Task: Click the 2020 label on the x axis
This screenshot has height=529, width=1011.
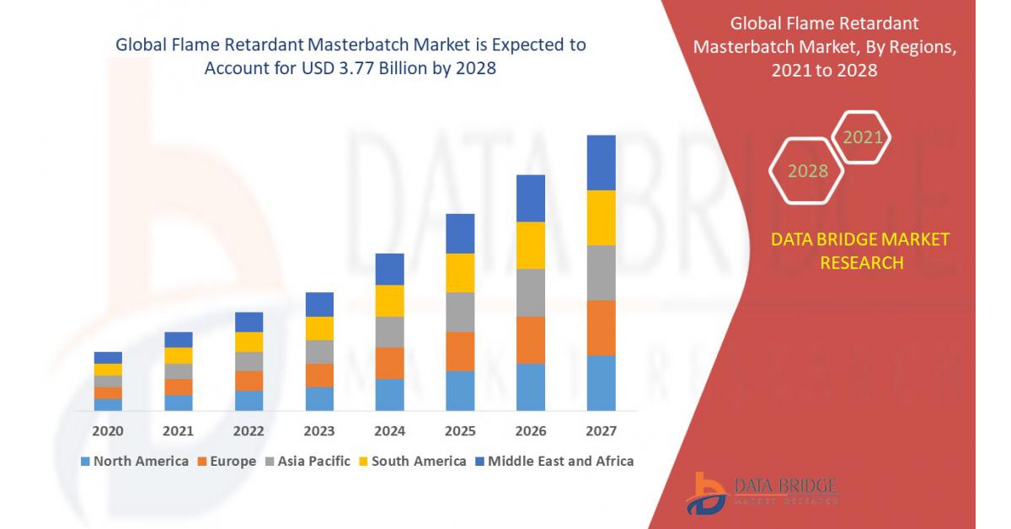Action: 108,431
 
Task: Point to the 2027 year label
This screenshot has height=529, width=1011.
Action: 601,431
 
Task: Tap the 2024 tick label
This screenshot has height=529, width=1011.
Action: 389,431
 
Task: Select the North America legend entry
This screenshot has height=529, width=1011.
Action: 134,461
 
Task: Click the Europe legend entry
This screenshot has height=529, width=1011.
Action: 227,461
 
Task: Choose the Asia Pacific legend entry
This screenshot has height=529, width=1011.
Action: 308,461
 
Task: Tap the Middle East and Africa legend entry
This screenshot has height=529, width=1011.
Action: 554,461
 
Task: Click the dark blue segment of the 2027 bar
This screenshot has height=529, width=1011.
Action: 601,163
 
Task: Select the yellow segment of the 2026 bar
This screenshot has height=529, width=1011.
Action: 530,245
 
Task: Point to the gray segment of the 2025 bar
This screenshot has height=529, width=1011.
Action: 460,312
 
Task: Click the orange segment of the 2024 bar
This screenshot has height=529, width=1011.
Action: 389,363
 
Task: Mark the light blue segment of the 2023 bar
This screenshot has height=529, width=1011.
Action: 319,398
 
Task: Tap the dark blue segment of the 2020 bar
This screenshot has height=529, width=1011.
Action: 108,358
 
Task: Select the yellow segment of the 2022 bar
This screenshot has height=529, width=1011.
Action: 249,342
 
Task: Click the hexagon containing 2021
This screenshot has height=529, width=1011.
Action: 861,137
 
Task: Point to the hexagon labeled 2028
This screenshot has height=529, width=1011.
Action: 807,171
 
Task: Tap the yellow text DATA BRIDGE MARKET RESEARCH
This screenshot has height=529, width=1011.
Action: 859,251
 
